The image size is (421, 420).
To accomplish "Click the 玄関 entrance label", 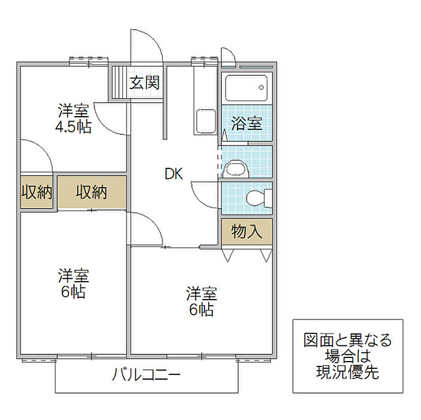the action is click(x=145, y=82).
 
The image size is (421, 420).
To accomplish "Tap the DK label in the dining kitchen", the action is click(x=174, y=174).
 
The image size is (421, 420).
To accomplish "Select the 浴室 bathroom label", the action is click(x=247, y=123).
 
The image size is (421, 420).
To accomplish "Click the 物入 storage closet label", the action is click(x=247, y=232).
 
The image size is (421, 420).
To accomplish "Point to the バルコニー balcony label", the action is click(x=146, y=374).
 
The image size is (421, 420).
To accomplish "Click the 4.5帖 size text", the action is click(x=73, y=127).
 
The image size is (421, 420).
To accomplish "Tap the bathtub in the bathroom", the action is click(x=247, y=88).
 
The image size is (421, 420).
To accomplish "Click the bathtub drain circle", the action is click(x=261, y=87).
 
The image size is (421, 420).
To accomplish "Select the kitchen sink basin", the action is click(x=206, y=121).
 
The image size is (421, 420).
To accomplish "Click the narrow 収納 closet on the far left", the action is click(x=37, y=192).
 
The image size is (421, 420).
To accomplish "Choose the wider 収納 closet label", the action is click(x=91, y=193).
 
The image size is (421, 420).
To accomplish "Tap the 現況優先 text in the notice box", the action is click(x=348, y=372).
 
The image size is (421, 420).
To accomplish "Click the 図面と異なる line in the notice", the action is click(x=348, y=340).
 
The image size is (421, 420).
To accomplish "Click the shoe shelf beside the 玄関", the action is click(x=119, y=82).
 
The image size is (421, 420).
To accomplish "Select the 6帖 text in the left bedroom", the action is click(x=73, y=292).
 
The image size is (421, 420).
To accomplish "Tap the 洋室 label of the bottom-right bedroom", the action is click(x=201, y=294).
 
